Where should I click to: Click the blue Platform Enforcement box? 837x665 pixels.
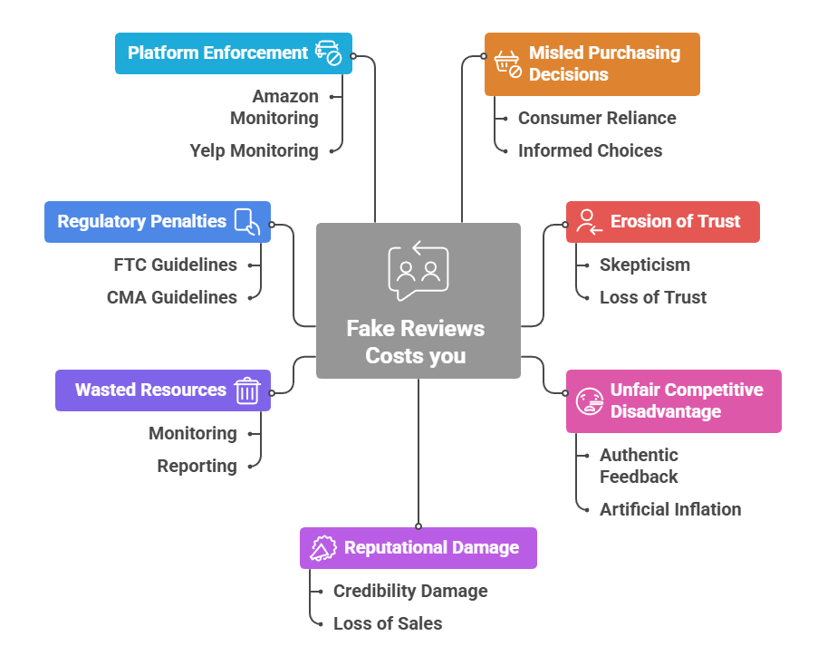click(233, 53)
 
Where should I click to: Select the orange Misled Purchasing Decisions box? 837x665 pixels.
click(592, 64)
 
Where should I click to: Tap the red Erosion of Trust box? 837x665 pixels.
click(662, 222)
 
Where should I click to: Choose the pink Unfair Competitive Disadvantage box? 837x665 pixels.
click(673, 400)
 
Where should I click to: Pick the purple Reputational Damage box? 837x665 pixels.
click(418, 548)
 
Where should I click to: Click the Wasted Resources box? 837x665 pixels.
click(163, 390)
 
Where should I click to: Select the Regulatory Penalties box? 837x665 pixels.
click(157, 222)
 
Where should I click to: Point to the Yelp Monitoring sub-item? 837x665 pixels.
click(254, 150)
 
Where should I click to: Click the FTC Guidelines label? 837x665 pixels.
click(175, 265)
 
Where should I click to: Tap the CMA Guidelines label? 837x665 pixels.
click(171, 297)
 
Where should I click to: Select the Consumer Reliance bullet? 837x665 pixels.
click(596, 118)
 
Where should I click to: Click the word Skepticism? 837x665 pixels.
click(644, 265)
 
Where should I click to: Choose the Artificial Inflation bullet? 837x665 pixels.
click(669, 509)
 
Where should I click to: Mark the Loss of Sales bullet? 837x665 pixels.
click(387, 623)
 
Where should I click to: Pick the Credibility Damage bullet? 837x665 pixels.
click(409, 591)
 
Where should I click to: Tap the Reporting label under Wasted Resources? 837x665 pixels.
click(197, 466)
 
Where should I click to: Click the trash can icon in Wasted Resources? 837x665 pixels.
click(247, 390)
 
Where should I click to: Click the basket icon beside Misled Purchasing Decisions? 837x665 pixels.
click(508, 63)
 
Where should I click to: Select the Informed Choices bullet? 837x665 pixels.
click(590, 150)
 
